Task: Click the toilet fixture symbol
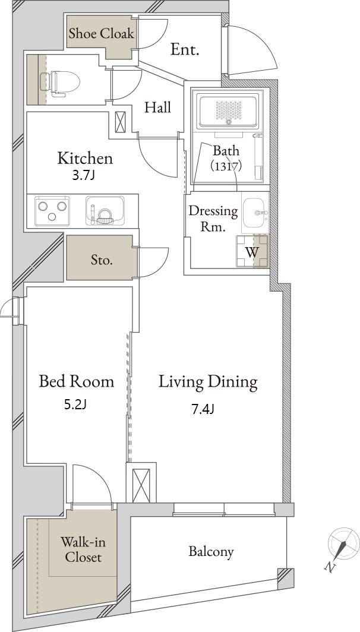[x=59, y=83]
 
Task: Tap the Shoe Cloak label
[x=101, y=33]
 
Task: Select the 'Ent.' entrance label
[x=185, y=49]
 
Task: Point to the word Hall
[x=158, y=107]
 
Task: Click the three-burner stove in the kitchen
[x=52, y=210]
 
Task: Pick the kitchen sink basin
[x=105, y=210]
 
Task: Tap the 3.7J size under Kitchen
[x=83, y=176]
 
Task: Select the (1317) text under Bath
[x=226, y=166]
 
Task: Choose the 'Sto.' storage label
[x=101, y=260]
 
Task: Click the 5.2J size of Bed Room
[x=75, y=405]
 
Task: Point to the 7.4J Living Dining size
[x=203, y=409]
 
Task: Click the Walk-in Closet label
[x=83, y=549]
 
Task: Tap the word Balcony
[x=211, y=552]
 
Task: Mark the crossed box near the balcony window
[x=141, y=485]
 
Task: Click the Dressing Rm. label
[x=213, y=219]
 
